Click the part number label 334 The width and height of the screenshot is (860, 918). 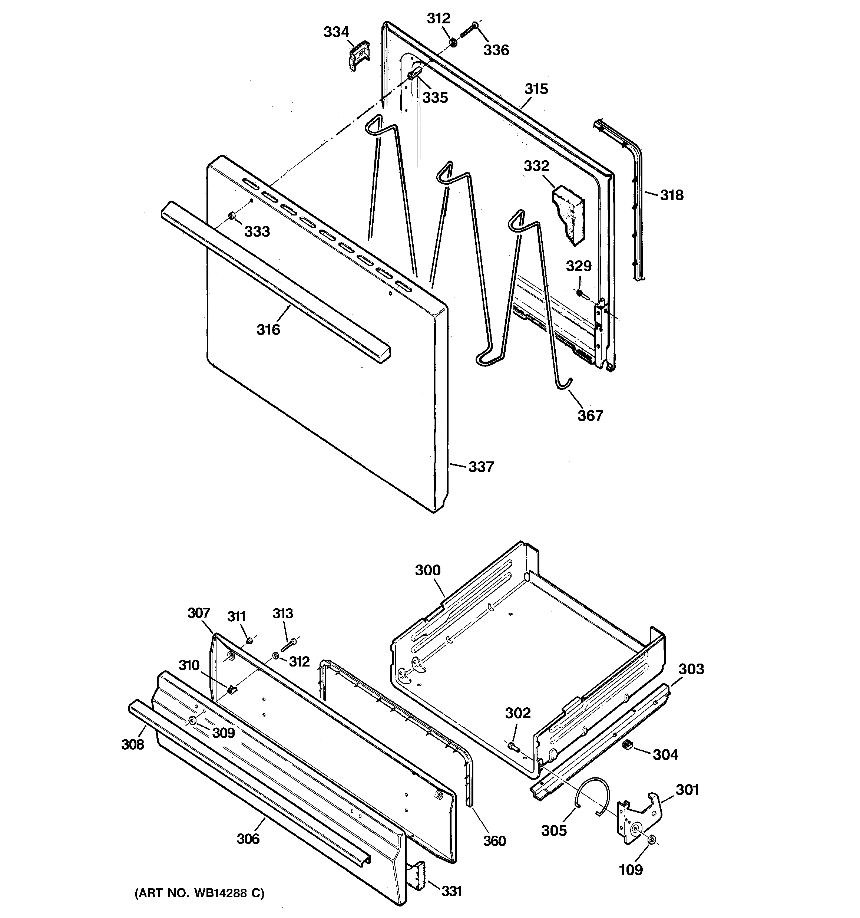(x=336, y=32)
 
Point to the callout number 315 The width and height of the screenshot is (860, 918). (x=536, y=89)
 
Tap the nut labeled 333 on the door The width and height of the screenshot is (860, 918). (x=232, y=216)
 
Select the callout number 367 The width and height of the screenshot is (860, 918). (x=591, y=415)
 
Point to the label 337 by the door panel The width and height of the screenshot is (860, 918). (x=481, y=467)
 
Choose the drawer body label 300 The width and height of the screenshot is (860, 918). (x=427, y=570)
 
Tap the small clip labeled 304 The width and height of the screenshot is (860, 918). (x=627, y=744)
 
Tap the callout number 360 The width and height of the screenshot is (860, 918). (x=494, y=841)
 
